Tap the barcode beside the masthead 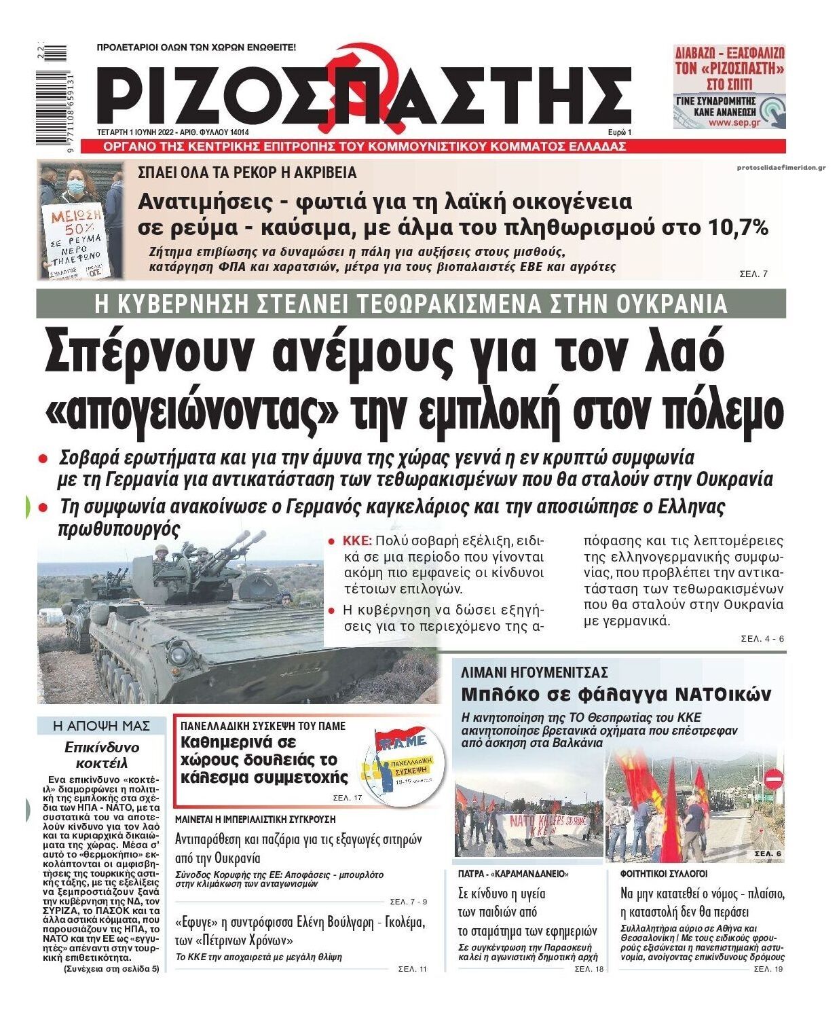pyautogui.click(x=54, y=95)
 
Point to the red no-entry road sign pyautogui.click(x=774, y=778)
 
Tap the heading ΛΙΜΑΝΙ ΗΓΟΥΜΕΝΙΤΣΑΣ pyautogui.click(x=534, y=673)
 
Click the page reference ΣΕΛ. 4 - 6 pyautogui.click(x=762, y=639)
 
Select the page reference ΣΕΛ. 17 pyautogui.click(x=348, y=798)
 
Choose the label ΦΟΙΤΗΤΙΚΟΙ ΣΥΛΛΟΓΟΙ pyautogui.click(x=664, y=873)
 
